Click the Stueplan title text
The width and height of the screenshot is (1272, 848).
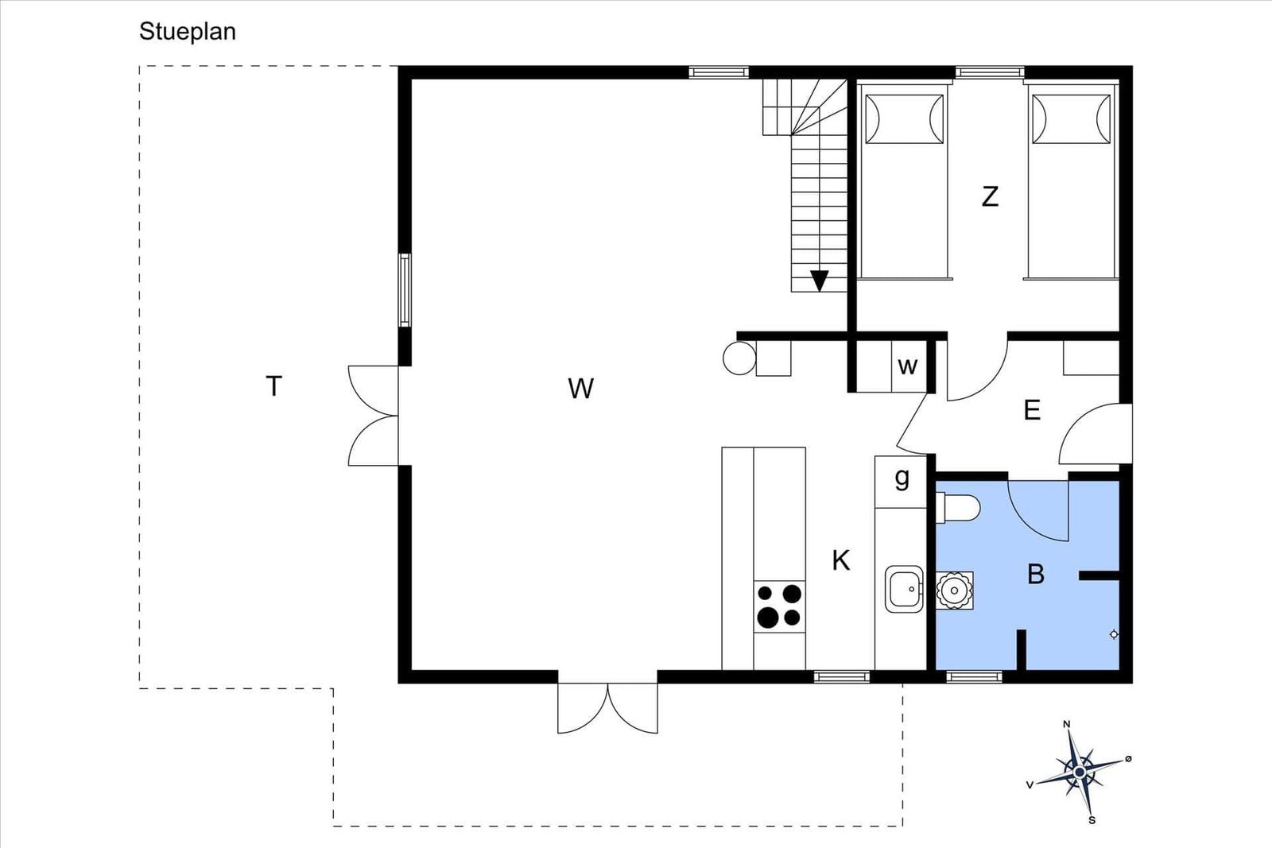pos(188,32)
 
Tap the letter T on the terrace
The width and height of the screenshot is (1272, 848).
pos(273,386)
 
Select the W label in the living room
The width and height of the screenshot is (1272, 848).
pos(580,389)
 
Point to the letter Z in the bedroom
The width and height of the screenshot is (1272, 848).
pos(990,196)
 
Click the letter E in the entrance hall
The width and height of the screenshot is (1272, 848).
pos(1032,410)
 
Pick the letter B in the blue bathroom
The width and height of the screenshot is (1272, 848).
pos(1036,575)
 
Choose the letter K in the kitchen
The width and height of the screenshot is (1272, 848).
pos(841,561)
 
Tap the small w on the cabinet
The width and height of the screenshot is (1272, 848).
pos(907,366)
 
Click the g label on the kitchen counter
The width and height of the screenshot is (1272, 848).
pos(902,478)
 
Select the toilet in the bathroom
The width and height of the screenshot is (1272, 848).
pos(958,507)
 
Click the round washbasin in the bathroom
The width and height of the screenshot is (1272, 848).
pos(955,591)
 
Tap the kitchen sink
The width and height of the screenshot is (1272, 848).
pos(904,589)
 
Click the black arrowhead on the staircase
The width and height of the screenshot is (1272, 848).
pos(819,281)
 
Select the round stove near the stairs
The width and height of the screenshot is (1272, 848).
pos(739,358)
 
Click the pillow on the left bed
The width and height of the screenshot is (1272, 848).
pos(904,119)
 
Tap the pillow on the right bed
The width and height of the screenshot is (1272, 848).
pos(1071,119)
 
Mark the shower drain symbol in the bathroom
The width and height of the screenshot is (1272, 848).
pos(1114,634)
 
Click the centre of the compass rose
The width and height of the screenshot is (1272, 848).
pos(1080,772)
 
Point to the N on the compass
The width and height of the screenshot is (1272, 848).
pos(1066,724)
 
